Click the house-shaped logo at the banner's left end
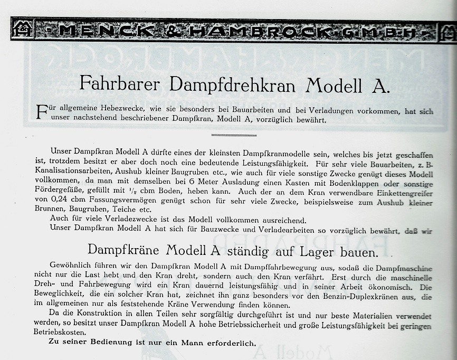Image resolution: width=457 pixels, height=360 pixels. (23, 30)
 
